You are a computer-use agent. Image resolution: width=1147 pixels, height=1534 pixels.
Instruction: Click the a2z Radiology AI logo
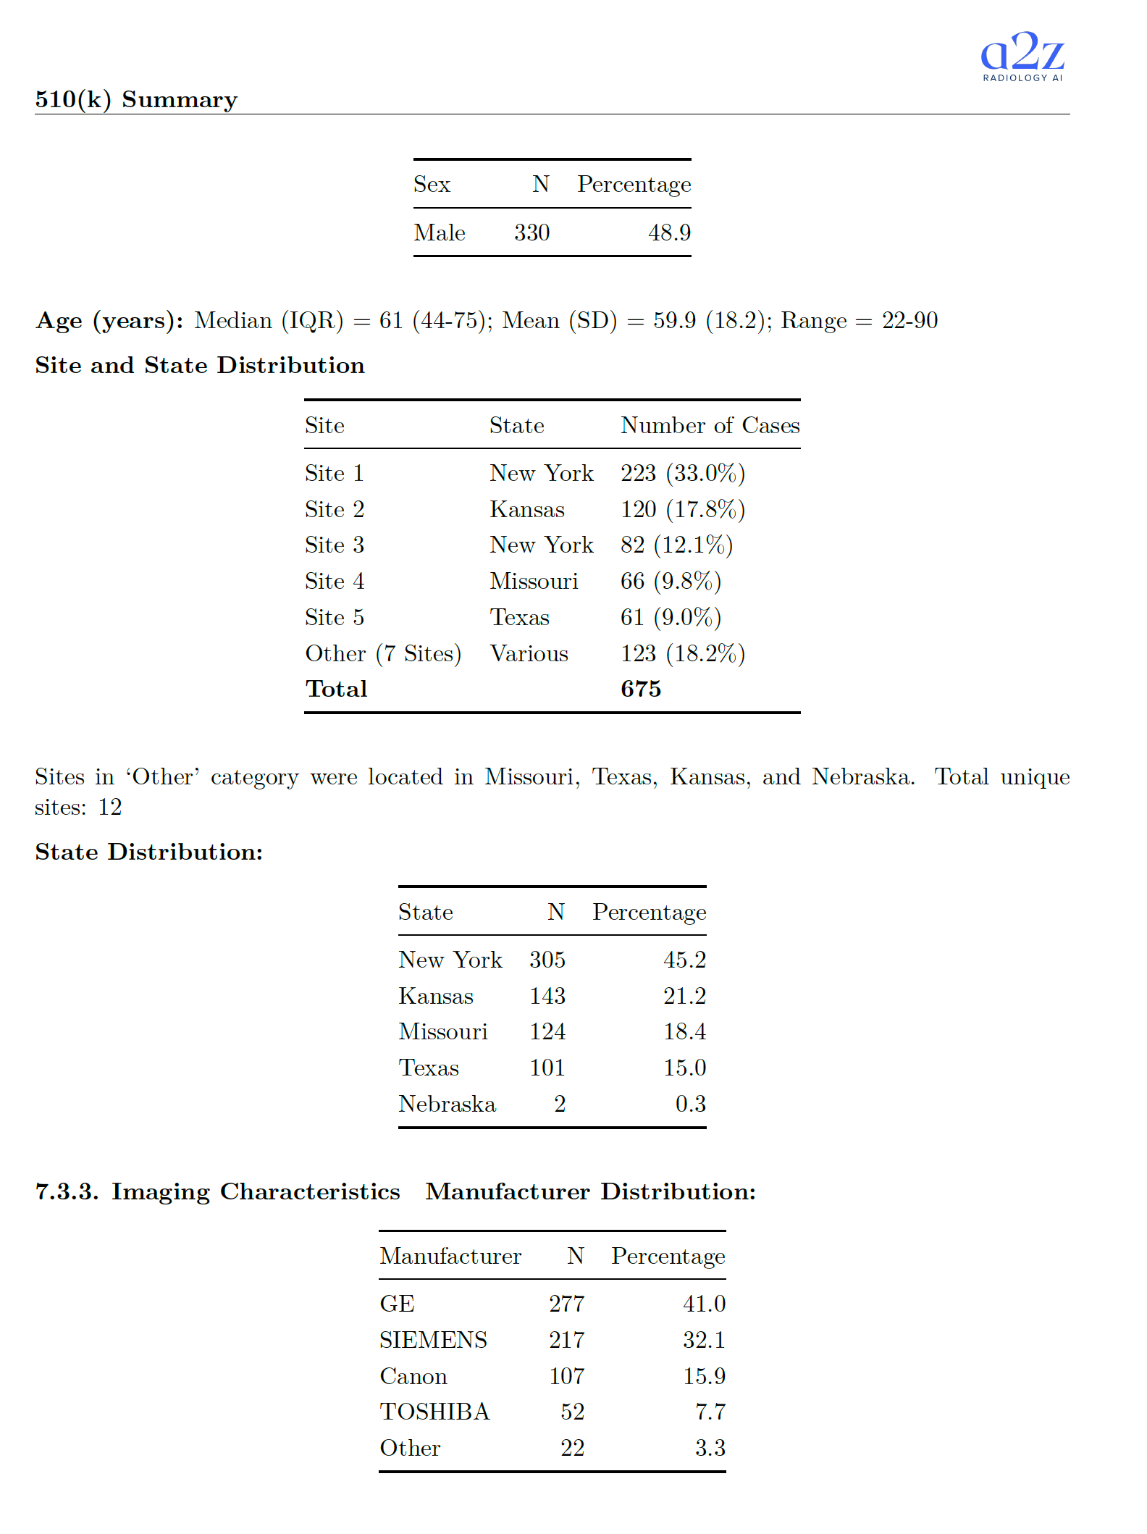(x=1022, y=56)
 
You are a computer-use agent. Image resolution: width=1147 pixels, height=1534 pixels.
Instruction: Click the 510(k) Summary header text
(x=136, y=99)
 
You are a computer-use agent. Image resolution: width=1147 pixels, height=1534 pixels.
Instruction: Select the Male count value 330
(x=532, y=232)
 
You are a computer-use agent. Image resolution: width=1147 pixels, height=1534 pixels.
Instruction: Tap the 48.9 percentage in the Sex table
(x=669, y=232)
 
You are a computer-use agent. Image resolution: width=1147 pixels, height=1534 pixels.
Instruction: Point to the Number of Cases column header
(x=710, y=425)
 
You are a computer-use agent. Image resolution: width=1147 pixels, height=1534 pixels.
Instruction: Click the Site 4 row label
(x=335, y=581)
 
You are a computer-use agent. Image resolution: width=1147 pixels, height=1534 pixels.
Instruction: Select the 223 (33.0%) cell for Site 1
(x=682, y=473)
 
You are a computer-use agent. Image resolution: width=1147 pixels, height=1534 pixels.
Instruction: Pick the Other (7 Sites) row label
(x=383, y=653)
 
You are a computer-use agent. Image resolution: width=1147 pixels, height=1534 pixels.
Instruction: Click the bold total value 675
(x=640, y=689)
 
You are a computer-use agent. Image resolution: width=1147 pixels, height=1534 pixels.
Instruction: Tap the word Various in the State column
(x=529, y=653)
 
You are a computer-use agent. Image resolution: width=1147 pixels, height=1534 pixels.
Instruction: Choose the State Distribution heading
(x=149, y=852)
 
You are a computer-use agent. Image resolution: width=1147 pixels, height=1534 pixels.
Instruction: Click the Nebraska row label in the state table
(x=447, y=1104)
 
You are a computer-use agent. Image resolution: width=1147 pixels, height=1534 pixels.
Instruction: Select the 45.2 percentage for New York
(x=684, y=960)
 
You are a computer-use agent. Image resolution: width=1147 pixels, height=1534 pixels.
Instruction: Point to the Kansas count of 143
(x=547, y=996)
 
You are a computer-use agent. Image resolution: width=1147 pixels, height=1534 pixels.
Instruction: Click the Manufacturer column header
(x=450, y=1256)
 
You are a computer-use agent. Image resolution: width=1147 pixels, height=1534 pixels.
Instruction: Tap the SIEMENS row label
(x=433, y=1340)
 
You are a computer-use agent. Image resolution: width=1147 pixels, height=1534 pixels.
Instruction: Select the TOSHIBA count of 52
(x=572, y=1412)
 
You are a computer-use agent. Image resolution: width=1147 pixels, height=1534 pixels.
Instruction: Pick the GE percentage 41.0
(x=704, y=1304)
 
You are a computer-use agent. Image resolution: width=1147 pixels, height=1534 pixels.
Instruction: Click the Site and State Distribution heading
(x=200, y=365)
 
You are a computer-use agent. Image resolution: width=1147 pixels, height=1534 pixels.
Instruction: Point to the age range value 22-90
(x=909, y=320)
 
